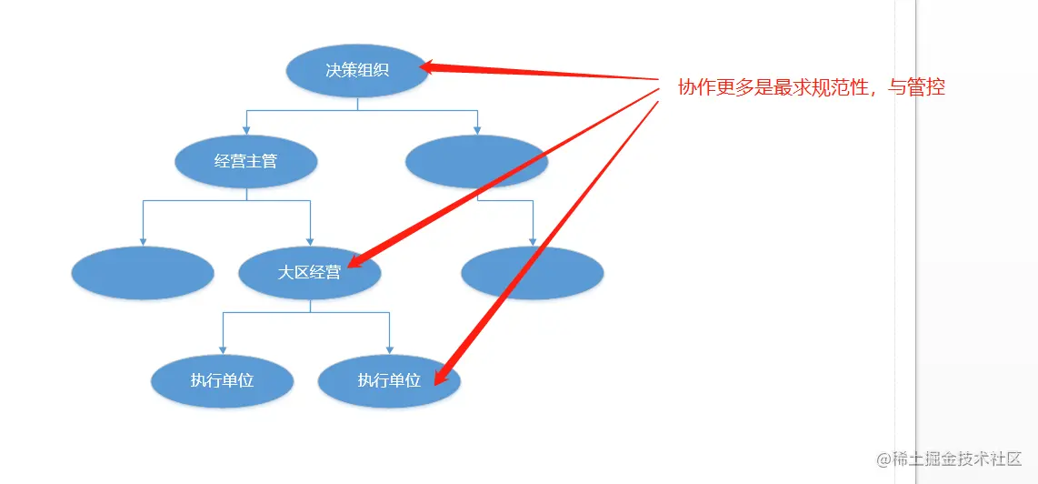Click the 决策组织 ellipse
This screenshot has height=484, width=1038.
click(x=357, y=70)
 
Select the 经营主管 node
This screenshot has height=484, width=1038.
click(x=246, y=162)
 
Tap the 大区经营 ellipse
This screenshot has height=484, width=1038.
click(x=309, y=272)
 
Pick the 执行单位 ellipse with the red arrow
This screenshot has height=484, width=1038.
click(x=389, y=380)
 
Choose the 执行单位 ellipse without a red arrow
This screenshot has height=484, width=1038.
click(x=222, y=380)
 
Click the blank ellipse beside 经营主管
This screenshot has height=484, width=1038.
click(x=476, y=162)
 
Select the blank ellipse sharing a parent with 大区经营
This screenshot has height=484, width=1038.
click(x=143, y=272)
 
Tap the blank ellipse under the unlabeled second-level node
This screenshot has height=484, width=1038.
click(x=533, y=272)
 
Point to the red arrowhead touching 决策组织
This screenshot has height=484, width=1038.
click(x=428, y=66)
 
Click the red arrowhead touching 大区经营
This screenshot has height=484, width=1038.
click(x=354, y=262)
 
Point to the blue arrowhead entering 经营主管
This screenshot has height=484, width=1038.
click(x=246, y=130)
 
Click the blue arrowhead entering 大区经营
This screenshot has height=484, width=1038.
click(x=311, y=242)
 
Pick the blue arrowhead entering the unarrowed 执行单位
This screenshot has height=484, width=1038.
click(x=222, y=350)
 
